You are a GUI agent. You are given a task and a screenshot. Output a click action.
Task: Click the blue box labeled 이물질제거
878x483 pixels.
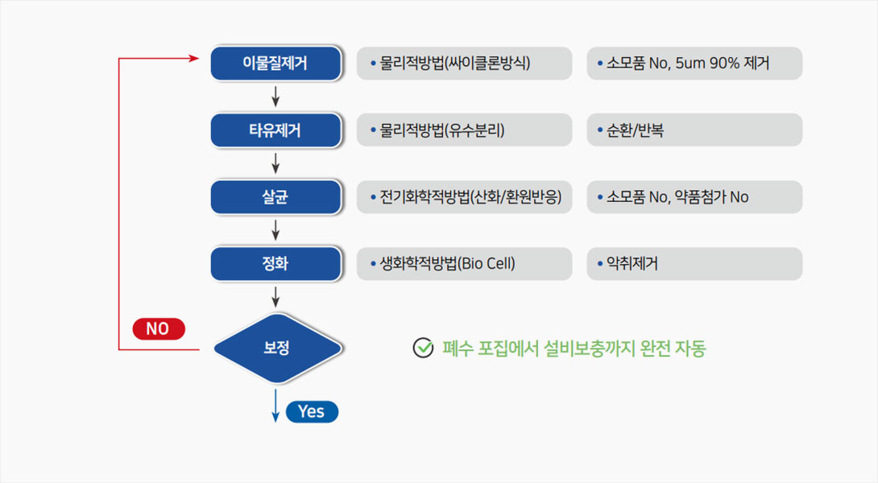276,64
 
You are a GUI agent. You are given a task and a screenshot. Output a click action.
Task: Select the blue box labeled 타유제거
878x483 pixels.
276,130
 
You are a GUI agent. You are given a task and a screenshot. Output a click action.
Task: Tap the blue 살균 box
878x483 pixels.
276,197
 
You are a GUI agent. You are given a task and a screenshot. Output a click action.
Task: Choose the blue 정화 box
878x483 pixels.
276,263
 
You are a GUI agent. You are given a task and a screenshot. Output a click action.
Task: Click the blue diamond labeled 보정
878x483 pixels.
277,348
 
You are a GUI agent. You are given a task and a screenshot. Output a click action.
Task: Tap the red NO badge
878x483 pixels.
159,328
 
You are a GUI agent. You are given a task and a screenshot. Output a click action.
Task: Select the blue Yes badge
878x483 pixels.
312,411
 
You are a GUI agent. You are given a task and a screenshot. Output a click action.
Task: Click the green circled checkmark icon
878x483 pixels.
423,348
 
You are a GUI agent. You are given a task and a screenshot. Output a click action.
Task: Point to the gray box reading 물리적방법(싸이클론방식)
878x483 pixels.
464,64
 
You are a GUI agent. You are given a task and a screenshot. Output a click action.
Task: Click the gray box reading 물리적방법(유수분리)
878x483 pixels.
464,130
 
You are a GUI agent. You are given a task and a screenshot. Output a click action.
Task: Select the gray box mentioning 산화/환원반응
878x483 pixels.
464,197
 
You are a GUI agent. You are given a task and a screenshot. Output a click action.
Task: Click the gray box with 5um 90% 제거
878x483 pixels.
694,64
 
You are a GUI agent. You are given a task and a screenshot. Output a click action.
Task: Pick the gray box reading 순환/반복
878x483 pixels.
694,130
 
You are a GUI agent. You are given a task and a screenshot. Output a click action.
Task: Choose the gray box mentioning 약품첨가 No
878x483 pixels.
694,197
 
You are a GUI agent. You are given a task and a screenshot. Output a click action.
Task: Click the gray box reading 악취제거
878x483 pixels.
694,263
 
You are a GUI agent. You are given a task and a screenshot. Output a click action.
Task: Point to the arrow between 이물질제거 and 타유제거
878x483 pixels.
275,97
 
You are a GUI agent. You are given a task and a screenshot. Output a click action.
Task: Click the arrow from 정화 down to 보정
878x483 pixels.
275,296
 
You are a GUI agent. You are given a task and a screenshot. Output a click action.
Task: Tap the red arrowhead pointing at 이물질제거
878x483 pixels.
194,58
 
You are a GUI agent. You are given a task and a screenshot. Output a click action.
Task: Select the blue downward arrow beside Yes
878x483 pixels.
275,406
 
